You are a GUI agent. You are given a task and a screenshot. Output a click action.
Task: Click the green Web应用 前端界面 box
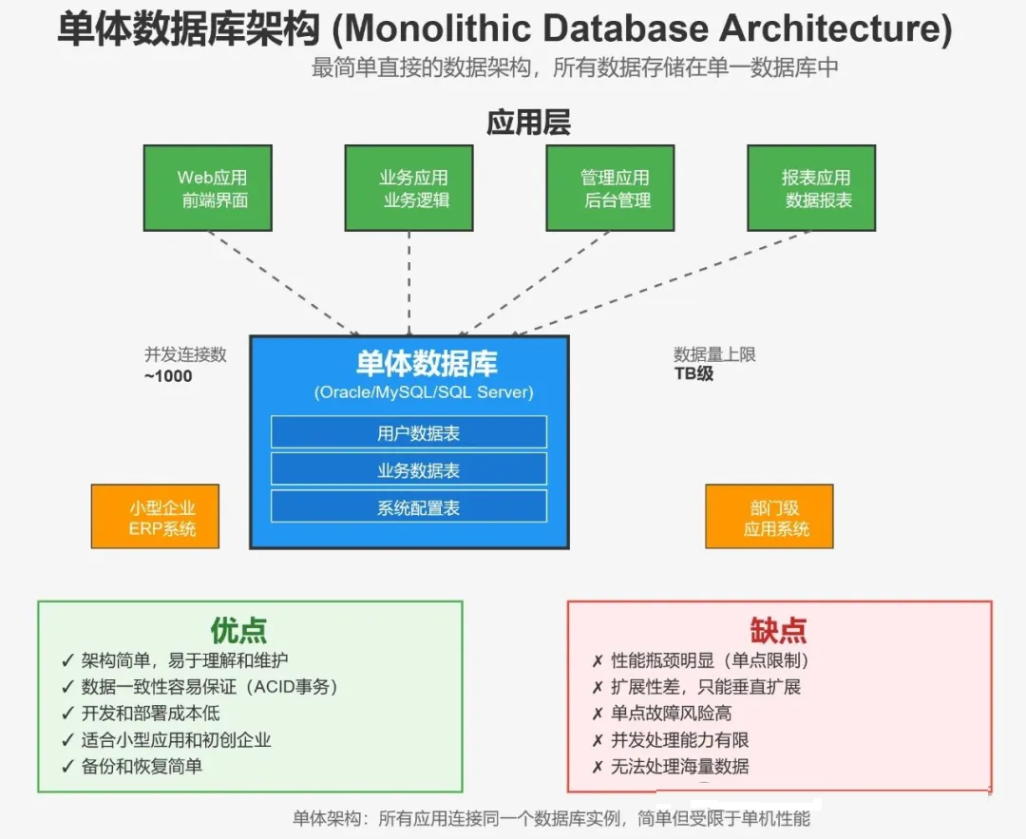(207, 188)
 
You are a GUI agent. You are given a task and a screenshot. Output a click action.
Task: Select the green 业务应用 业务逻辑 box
(408, 188)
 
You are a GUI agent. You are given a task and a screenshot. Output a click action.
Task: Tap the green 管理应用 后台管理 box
(610, 188)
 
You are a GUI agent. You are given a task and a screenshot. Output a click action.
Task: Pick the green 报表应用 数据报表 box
(811, 188)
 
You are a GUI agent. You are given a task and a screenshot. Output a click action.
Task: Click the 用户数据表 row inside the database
(408, 432)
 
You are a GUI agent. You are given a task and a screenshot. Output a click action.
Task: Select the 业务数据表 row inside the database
(408, 469)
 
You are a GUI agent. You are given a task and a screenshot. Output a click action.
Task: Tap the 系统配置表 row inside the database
(408, 506)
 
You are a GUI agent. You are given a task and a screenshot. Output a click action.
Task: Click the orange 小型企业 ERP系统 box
(155, 516)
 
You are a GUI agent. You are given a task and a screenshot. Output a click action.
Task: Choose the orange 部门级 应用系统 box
(769, 516)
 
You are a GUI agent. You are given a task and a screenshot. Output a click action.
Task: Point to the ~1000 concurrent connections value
(168, 376)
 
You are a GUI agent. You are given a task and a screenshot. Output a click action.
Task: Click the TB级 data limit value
(693, 373)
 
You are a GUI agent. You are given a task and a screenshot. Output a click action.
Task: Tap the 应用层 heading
(529, 123)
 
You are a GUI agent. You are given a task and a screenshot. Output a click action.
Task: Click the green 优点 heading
(238, 630)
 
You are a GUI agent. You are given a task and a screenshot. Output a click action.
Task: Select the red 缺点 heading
(778, 630)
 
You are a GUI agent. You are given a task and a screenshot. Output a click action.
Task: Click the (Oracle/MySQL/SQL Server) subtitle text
(424, 392)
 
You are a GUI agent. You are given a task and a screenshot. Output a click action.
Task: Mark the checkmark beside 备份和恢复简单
(67, 767)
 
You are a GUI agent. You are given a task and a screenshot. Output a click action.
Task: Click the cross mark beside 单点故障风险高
(598, 714)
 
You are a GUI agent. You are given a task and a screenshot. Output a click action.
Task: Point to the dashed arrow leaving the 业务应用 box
(408, 283)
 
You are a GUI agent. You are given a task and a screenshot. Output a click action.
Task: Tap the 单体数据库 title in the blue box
(427, 363)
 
